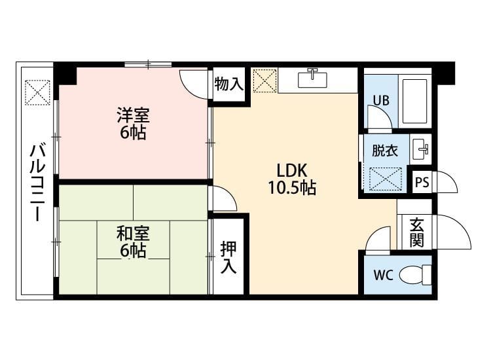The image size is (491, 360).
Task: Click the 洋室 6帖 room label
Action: pyautogui.click(x=133, y=123)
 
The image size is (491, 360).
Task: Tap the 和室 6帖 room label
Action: pyautogui.click(x=133, y=242)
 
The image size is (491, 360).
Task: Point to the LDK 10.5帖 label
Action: pyautogui.click(x=292, y=179)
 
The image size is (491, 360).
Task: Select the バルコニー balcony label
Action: pyautogui.click(x=37, y=183)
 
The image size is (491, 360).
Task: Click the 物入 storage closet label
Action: pyautogui.click(x=229, y=84)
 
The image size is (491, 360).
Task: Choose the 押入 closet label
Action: pyautogui.click(x=228, y=257)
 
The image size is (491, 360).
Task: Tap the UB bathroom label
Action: pyautogui.click(x=381, y=101)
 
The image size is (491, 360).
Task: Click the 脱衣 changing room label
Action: pyautogui.click(x=385, y=151)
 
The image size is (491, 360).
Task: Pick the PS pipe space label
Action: pyautogui.click(x=422, y=182)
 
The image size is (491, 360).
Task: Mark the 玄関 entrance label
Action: pyautogui.click(x=417, y=232)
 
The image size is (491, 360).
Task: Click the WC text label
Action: pyautogui.click(x=383, y=275)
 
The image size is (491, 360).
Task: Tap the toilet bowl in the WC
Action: pyautogui.click(x=415, y=275)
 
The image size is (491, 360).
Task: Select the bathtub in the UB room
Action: pyautogui.click(x=414, y=101)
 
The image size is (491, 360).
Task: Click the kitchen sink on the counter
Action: pyautogui.click(x=312, y=79)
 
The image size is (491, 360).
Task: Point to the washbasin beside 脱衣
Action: pyautogui.click(x=420, y=149)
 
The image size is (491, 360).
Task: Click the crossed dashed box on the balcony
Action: pyautogui.click(x=37, y=93)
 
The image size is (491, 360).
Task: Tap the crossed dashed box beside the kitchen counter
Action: pyautogui.click(x=264, y=81)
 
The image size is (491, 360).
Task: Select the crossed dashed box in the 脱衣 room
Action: pyautogui.click(x=385, y=179)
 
